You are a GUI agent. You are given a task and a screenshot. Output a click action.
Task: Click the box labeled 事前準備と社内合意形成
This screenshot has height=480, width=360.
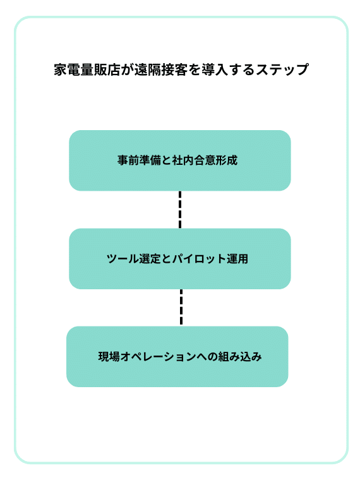(x=180, y=160)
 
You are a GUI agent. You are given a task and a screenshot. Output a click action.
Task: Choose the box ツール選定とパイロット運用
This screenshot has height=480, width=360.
(x=180, y=259)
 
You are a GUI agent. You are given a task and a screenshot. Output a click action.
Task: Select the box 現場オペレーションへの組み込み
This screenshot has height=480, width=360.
(x=177, y=357)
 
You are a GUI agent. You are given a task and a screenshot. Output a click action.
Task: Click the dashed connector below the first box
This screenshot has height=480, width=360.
(x=180, y=210)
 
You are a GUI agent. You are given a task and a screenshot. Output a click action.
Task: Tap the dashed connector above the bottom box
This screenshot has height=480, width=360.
(x=181, y=308)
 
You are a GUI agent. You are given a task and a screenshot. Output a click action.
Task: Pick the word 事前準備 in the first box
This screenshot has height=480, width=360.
(x=139, y=160)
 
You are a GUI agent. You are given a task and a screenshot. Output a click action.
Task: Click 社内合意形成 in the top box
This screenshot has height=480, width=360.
(x=205, y=160)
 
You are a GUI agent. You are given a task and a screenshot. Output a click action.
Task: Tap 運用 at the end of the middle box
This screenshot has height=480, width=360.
(x=237, y=259)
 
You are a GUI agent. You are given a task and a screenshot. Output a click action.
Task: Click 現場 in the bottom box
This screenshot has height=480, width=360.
(x=109, y=357)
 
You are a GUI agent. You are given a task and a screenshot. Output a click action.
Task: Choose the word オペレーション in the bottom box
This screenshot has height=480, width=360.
(x=159, y=357)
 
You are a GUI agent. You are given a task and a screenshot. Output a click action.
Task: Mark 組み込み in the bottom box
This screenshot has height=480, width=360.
(x=240, y=357)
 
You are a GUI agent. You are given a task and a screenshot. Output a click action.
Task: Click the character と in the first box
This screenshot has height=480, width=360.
(x=166, y=160)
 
